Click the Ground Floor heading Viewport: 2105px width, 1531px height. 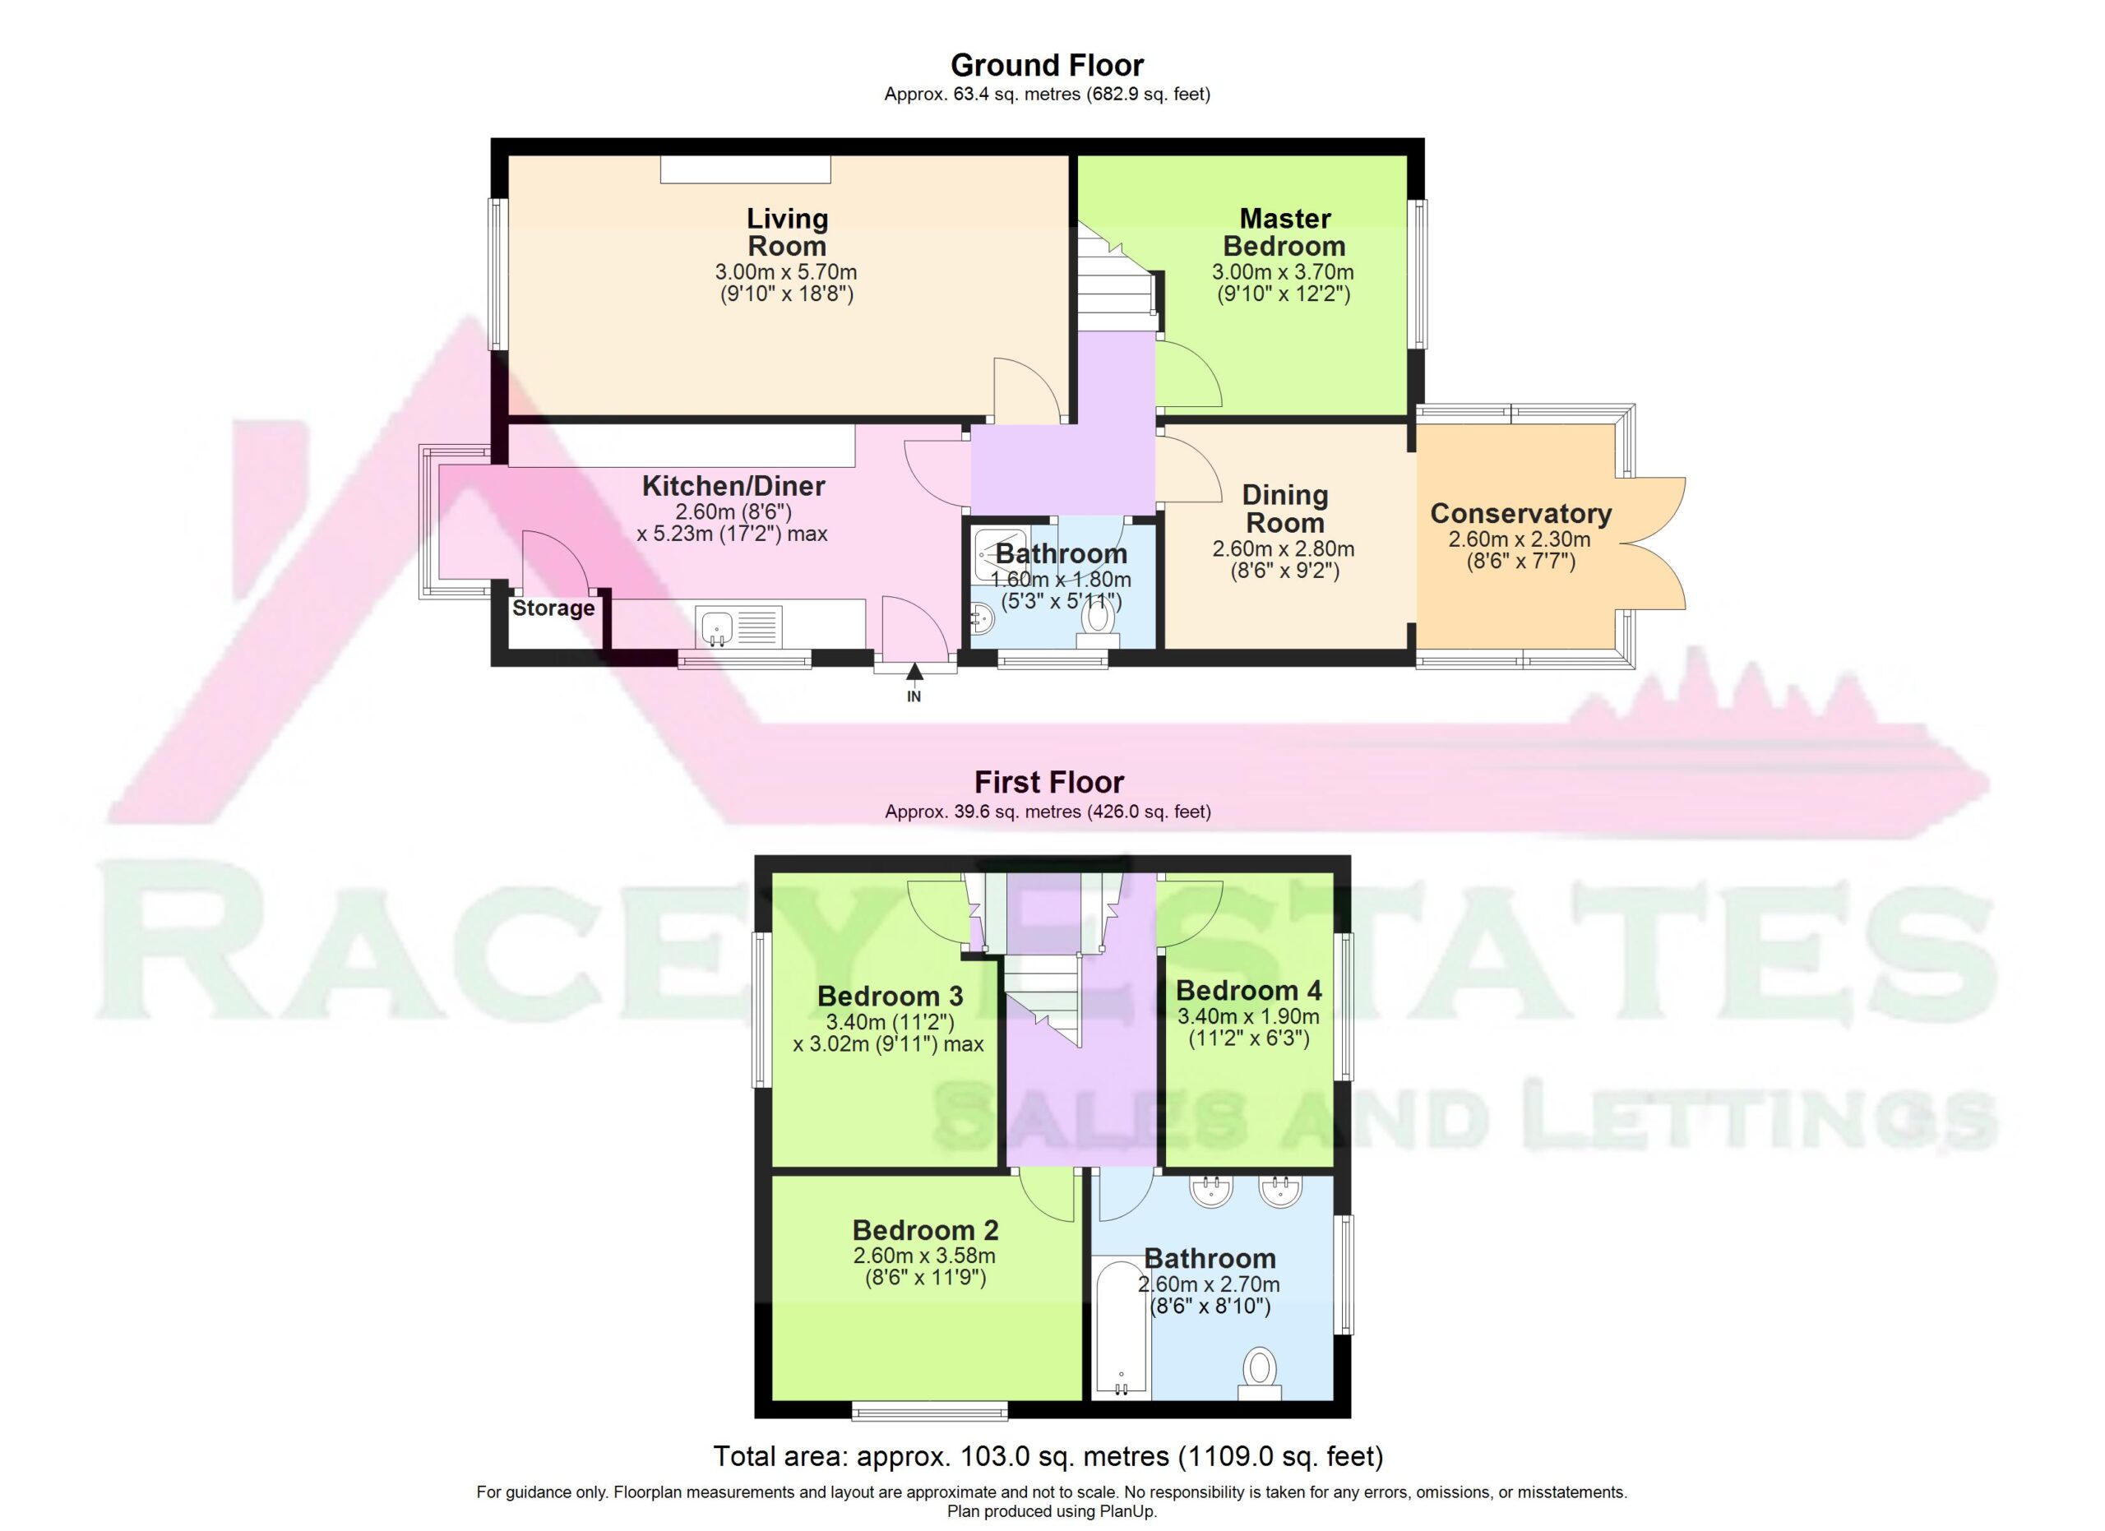pos(1047,65)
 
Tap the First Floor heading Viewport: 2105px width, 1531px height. pos(1048,782)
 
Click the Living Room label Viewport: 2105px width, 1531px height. pos(787,232)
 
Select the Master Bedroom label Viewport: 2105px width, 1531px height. pos(1284,232)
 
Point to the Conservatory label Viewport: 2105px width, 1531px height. pos(1520,513)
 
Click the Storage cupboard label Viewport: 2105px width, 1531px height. pos(553,608)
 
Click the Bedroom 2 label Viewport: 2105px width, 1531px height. pos(925,1230)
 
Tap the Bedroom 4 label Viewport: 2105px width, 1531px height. pos(1249,990)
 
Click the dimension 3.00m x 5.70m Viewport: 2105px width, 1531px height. pos(786,273)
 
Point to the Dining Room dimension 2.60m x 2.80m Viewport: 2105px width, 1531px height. pos(1284,549)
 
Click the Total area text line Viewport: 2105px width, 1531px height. pos(1048,1456)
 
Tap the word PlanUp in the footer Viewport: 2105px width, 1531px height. pos(1127,1511)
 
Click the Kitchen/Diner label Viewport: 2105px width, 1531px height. pos(733,485)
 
